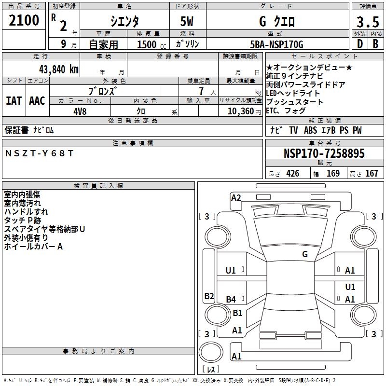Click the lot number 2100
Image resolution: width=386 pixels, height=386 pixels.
24,20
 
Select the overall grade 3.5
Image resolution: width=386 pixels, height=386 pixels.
367,22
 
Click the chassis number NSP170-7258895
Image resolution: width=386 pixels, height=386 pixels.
324,153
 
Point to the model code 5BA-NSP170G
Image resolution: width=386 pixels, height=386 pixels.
277,44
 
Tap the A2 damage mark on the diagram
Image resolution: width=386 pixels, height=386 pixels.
236,197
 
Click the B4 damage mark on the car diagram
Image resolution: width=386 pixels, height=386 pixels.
231,300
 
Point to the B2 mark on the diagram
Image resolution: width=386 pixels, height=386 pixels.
209,296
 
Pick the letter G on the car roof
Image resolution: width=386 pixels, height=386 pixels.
305,254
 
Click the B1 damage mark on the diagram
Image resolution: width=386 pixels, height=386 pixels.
237,313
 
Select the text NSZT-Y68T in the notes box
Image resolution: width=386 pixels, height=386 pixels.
40,153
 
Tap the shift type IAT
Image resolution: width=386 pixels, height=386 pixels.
14,101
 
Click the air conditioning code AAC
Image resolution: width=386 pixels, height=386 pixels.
37,101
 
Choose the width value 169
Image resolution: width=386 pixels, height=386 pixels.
333,173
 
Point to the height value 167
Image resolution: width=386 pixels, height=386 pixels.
372,173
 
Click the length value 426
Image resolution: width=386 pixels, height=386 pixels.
292,173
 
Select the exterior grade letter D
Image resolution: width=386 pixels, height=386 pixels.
359,44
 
